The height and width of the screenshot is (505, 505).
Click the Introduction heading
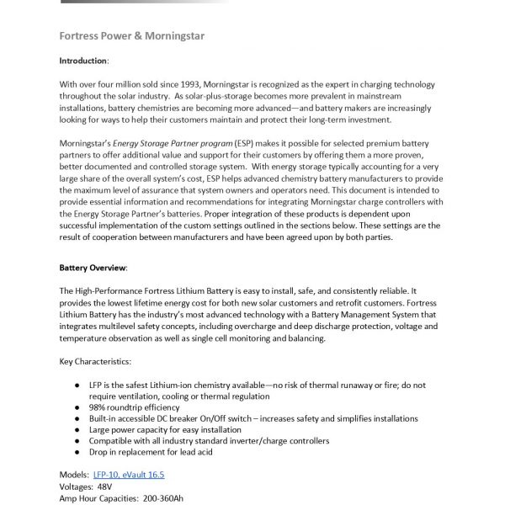click(83, 61)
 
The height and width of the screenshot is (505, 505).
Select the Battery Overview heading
click(93, 267)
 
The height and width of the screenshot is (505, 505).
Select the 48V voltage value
click(107, 486)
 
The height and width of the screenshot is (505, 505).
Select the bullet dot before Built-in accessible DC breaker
click(78, 418)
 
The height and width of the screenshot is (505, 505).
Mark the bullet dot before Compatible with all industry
click(78, 441)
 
